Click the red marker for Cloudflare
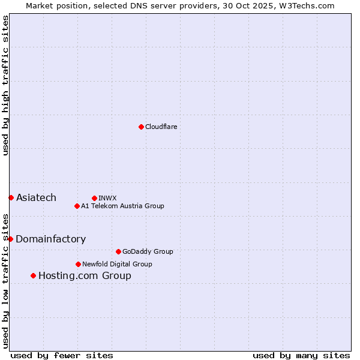click(141, 127)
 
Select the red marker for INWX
click(94, 198)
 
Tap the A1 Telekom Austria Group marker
click(77, 206)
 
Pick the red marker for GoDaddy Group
click(118, 251)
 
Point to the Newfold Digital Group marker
click(78, 264)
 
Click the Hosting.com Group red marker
click(33, 275)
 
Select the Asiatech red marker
click(11, 197)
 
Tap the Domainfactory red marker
click(10, 239)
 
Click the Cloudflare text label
click(161, 127)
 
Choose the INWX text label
click(107, 198)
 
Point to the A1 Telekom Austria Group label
click(122, 206)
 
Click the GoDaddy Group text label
click(147, 251)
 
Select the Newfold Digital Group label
click(117, 264)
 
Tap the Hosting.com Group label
click(85, 276)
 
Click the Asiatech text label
click(36, 198)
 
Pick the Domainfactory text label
click(50, 239)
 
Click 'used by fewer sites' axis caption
click(62, 355)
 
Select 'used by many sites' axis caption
click(301, 355)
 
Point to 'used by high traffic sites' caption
click(6, 85)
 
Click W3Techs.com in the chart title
click(306, 5)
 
